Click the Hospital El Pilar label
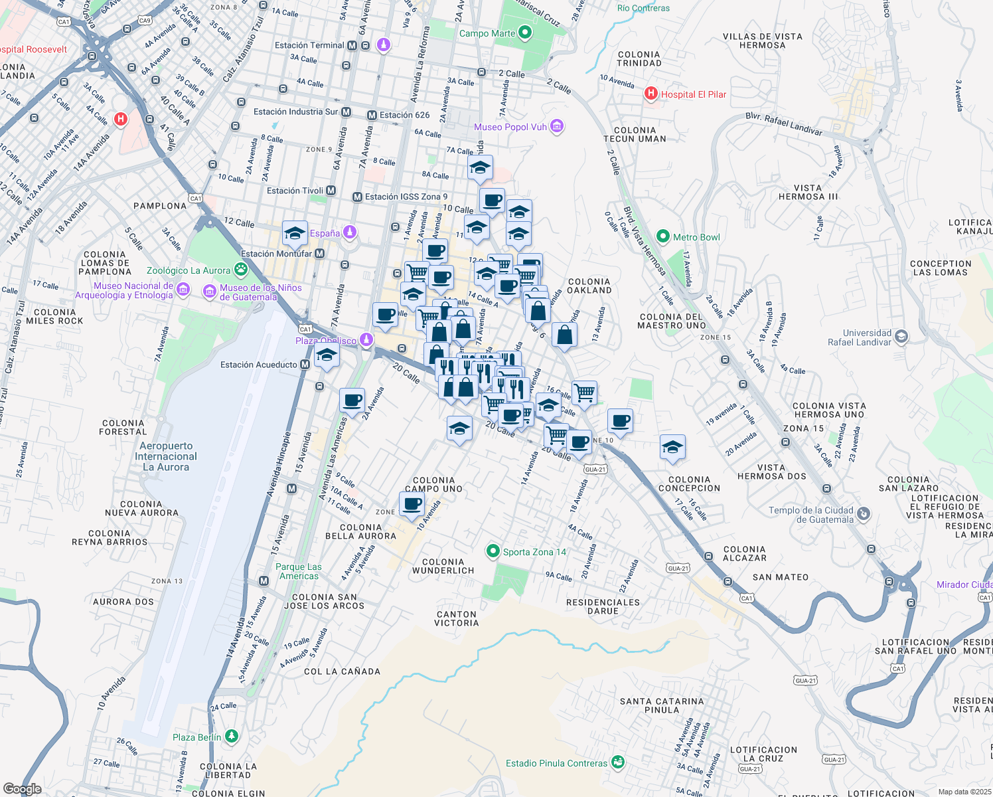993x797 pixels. tap(693, 94)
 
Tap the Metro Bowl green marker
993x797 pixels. tap(662, 236)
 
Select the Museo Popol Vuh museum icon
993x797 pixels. tap(557, 126)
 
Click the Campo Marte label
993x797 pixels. tap(487, 33)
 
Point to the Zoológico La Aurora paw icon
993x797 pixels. tap(240, 270)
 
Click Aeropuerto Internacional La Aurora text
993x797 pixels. tap(166, 456)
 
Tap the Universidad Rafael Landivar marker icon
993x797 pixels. tap(901, 337)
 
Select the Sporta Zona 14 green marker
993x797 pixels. tap(493, 551)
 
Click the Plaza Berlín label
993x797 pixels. tap(196, 737)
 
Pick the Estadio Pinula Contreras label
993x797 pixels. tap(556, 763)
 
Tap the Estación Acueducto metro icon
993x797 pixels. tap(305, 365)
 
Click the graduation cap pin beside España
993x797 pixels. tap(295, 233)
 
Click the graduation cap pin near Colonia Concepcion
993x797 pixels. tap(672, 448)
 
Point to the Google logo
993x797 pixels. tap(22, 789)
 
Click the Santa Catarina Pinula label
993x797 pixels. tap(662, 705)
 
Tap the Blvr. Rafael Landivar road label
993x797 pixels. tap(783, 124)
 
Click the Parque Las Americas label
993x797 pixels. tap(299, 571)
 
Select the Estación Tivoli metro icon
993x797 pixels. tap(331, 191)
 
